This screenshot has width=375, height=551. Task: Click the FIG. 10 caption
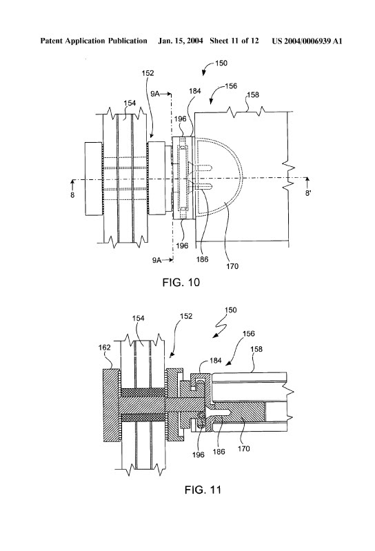tap(181, 282)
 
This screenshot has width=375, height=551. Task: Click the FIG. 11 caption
tap(203, 490)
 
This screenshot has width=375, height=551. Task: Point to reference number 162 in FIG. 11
tap(105, 347)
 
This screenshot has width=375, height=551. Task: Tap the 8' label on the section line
tap(308, 193)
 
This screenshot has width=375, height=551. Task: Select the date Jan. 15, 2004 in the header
tap(181, 41)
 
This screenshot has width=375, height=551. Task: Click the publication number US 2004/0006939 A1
tap(307, 41)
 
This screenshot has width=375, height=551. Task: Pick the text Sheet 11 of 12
tap(234, 41)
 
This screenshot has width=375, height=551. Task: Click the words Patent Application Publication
tap(94, 41)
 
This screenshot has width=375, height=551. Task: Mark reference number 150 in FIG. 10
tap(221, 63)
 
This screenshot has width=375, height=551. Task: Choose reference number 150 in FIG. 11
tap(231, 310)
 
